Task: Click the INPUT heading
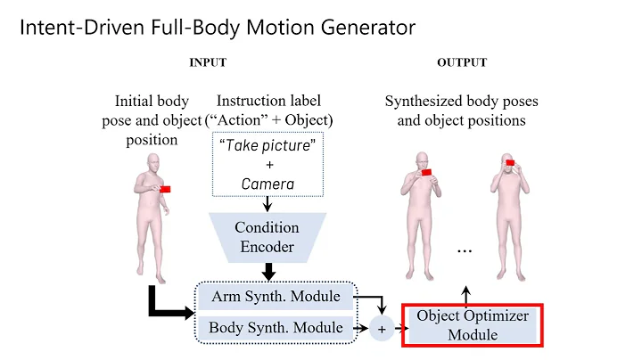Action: pos(207,62)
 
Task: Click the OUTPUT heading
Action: pos(461,62)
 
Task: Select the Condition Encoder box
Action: pos(266,237)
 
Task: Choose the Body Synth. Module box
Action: pos(276,328)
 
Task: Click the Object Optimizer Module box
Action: pos(473,324)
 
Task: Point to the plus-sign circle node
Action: pos(382,329)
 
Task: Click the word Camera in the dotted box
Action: pos(267,184)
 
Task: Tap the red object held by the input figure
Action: pos(165,189)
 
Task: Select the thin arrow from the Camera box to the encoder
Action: pos(267,204)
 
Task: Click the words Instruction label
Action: pos(268,101)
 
